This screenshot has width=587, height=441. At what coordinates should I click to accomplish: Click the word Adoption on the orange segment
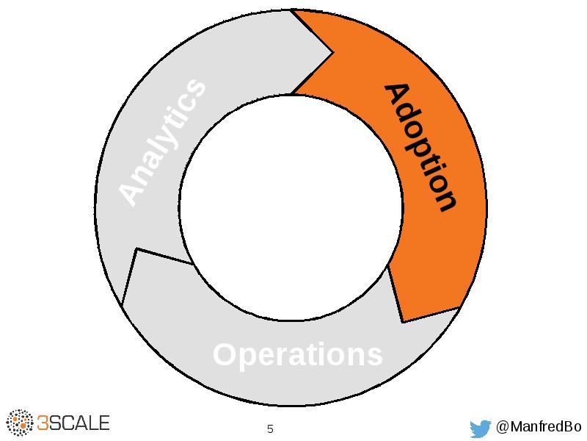[x=420, y=147]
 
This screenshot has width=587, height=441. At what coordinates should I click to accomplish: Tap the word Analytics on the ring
[x=162, y=142]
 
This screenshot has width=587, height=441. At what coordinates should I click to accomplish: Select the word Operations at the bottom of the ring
[x=297, y=355]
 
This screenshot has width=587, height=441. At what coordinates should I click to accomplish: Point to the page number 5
[x=270, y=429]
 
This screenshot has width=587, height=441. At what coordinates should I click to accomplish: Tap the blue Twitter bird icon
[x=480, y=428]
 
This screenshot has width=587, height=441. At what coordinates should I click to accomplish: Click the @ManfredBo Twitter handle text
[x=539, y=427]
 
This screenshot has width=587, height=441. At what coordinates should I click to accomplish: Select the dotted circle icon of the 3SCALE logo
[x=20, y=423]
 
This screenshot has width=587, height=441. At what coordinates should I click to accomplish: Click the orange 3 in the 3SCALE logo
[x=43, y=423]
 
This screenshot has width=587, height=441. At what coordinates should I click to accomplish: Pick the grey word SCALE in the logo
[x=80, y=423]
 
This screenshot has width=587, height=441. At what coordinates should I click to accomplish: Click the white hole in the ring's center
[x=291, y=207]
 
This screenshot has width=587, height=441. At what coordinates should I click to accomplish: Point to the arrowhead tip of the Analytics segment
[x=334, y=52]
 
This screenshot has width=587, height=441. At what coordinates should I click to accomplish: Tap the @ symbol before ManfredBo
[x=503, y=427]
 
